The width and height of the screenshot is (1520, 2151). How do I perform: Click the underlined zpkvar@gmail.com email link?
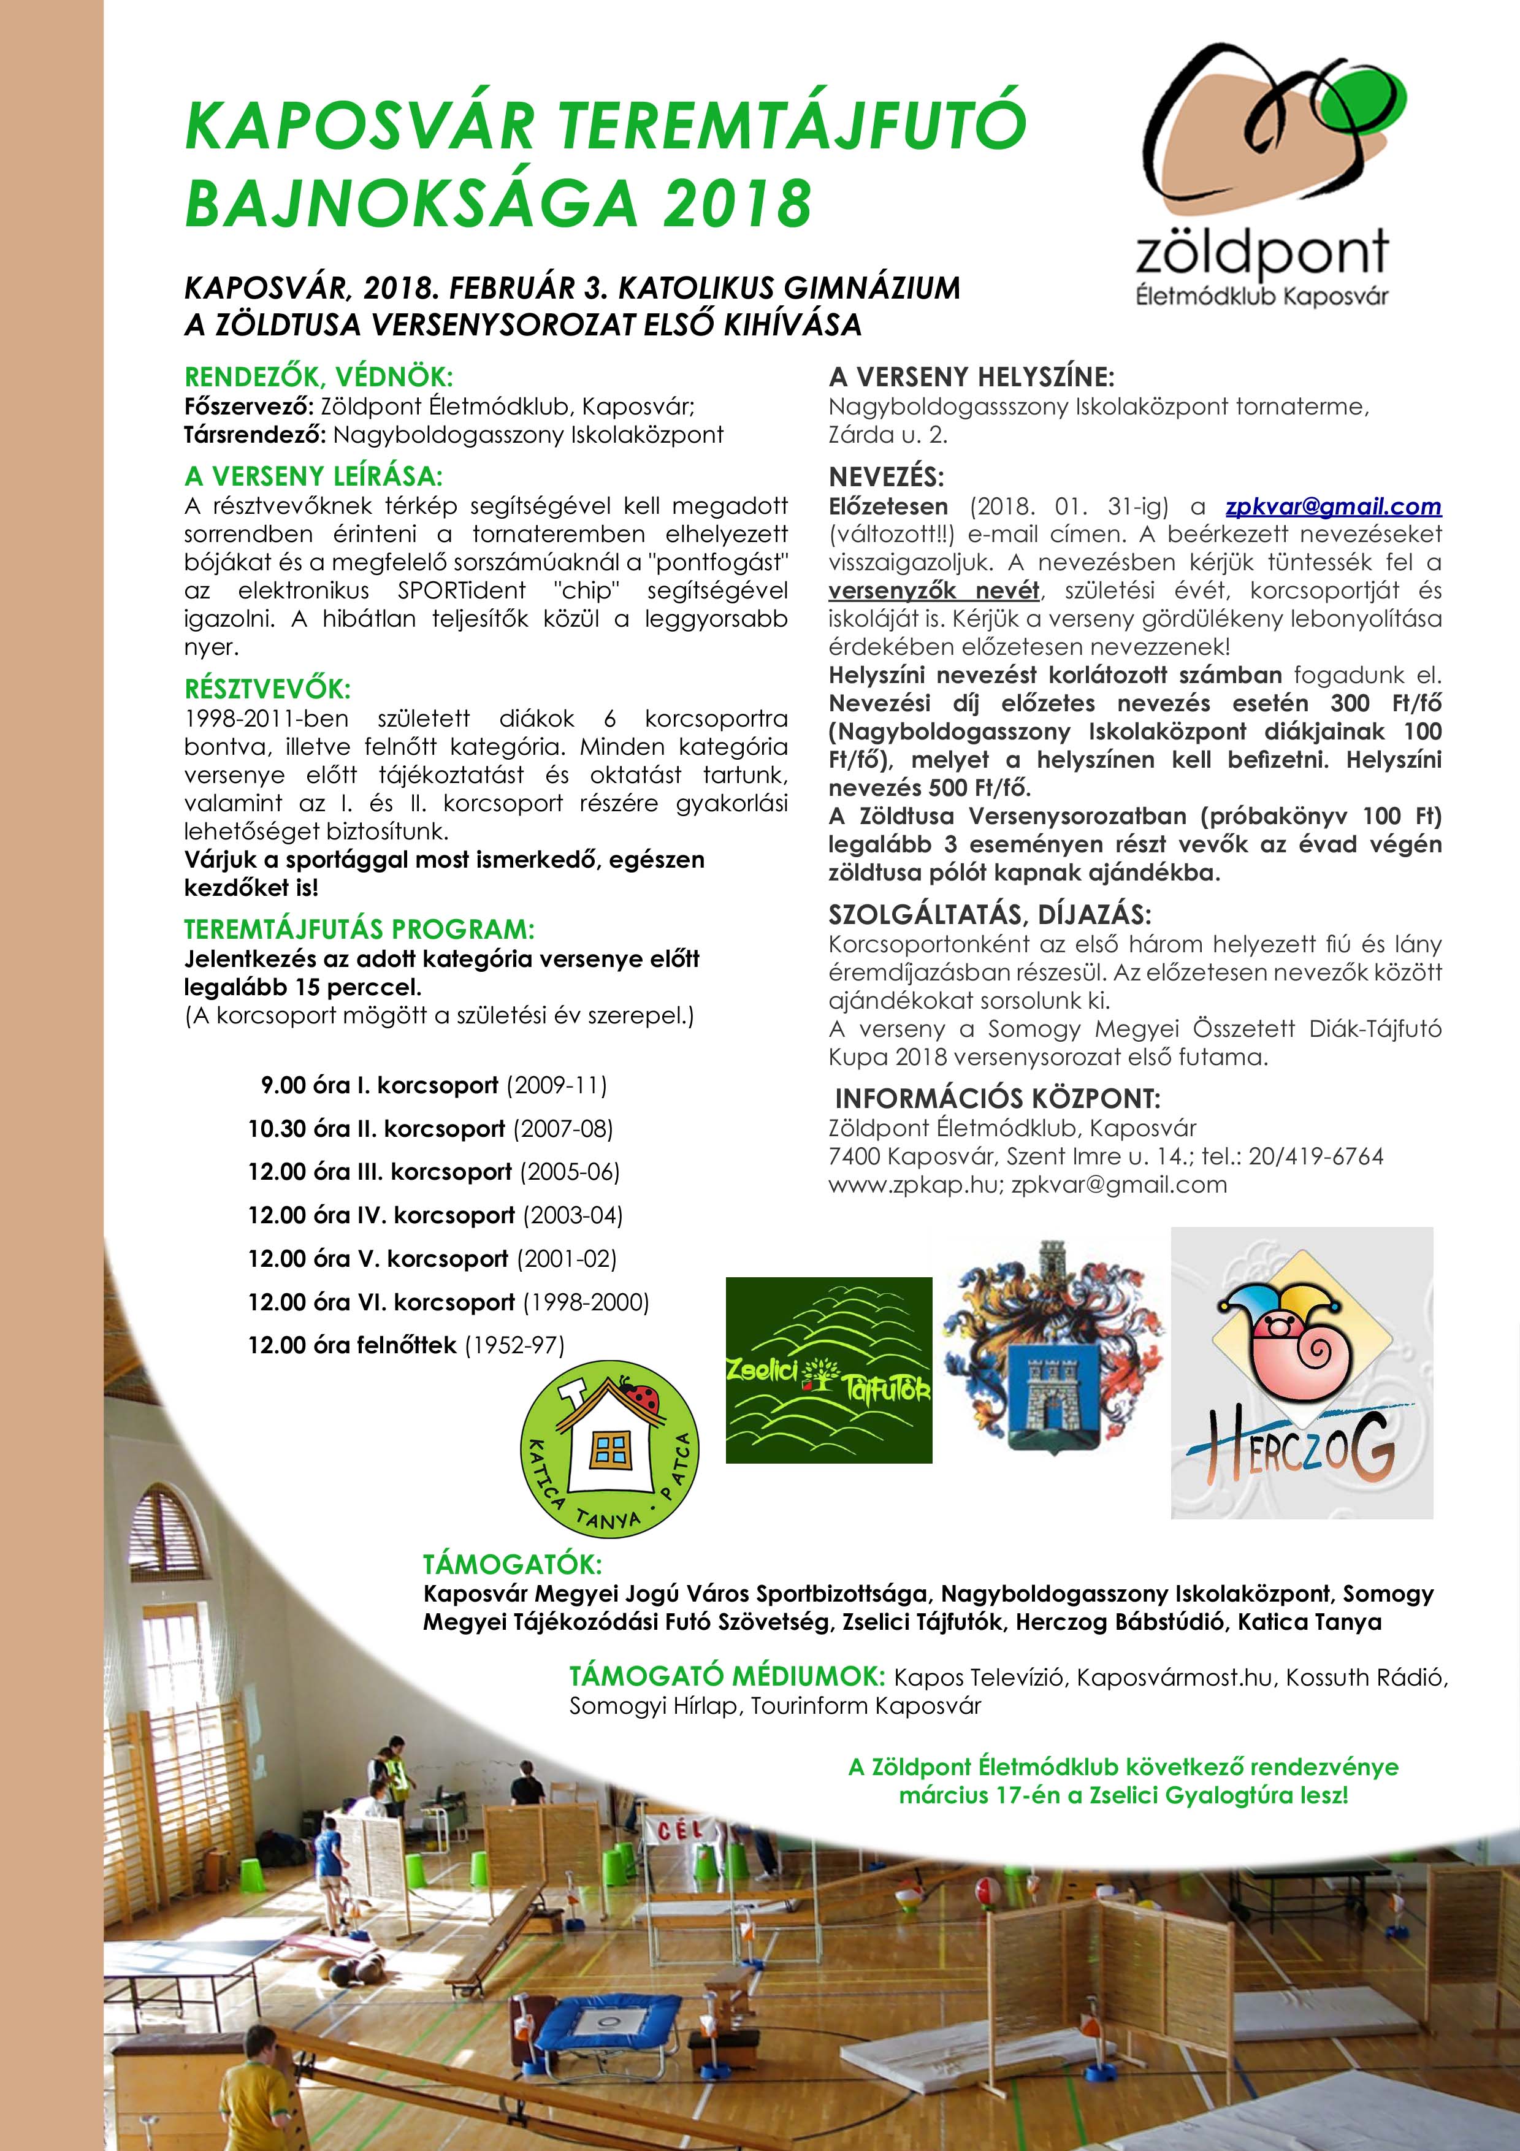(x=1333, y=507)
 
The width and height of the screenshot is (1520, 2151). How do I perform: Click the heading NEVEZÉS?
(x=886, y=477)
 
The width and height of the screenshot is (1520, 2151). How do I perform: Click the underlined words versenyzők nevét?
(x=934, y=591)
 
